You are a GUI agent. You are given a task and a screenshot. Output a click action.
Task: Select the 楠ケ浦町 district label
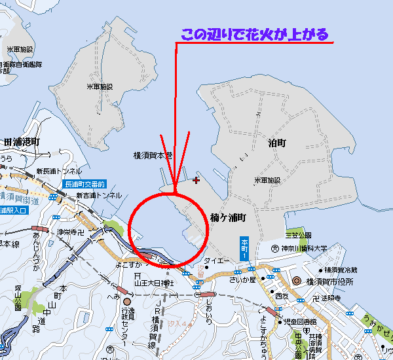228,216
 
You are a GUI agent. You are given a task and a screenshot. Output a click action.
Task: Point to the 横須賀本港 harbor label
152,156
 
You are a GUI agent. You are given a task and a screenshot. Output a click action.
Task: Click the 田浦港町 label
22,142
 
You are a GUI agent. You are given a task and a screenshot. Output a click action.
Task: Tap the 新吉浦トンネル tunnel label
98,195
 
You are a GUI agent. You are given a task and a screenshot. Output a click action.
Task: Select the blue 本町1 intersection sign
246,247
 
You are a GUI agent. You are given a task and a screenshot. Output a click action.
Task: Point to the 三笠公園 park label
297,234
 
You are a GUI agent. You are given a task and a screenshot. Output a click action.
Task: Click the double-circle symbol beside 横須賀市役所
296,281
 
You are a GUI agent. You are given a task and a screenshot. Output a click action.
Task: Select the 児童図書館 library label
300,322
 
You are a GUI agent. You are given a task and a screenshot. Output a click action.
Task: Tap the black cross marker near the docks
196,179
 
